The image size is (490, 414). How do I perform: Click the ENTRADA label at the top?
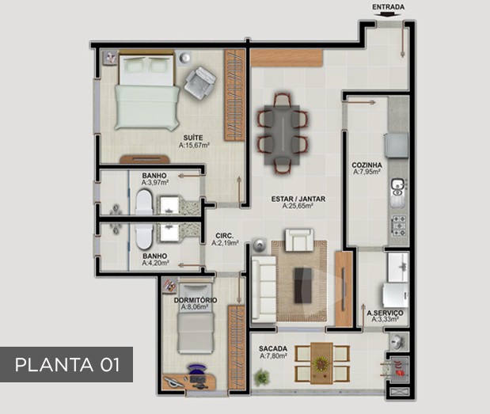click(x=388, y=7)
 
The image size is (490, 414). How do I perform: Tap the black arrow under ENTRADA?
click(x=389, y=14)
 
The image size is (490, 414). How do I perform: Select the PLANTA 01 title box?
click(x=66, y=364)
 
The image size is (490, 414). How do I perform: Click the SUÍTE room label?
click(x=193, y=138)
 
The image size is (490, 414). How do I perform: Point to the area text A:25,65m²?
click(x=298, y=206)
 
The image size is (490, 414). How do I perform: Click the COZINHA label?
click(x=367, y=165)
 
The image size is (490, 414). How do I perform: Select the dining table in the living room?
click(x=282, y=135)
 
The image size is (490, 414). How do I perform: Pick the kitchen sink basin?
click(x=397, y=187)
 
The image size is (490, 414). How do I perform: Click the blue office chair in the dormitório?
click(x=197, y=371)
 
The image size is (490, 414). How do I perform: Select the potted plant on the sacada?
click(x=261, y=377)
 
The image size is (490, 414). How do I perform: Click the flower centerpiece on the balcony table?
click(x=321, y=363)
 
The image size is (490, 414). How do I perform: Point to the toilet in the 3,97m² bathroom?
click(x=144, y=202)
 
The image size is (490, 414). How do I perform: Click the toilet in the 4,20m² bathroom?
click(x=144, y=236)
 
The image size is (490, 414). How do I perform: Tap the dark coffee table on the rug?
click(x=303, y=285)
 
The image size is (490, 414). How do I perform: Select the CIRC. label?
click(x=224, y=236)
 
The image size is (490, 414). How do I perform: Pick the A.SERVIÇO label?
click(x=385, y=313)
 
